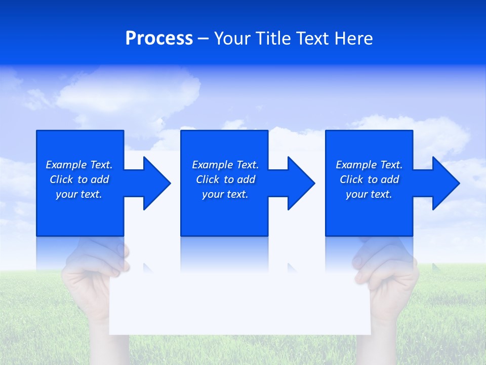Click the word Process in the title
pos(159,39)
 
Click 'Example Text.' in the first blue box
pos(79,165)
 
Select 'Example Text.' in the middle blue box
pos(225,165)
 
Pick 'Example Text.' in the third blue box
pos(369,165)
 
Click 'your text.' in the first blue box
pos(79,194)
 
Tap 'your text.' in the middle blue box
pos(225,194)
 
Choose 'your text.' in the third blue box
pos(369,194)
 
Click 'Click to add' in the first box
pos(79,179)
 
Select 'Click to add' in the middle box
pos(225,179)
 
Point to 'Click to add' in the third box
pos(369,179)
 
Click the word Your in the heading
pos(232,39)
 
